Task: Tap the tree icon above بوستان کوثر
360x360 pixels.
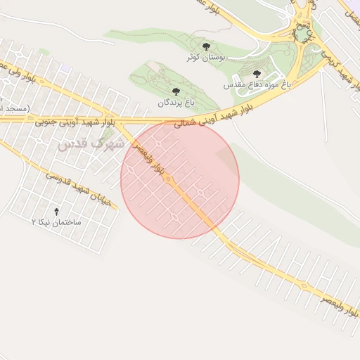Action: pyautogui.click(x=205, y=45)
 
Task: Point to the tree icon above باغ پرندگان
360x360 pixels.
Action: pyautogui.click(x=176, y=91)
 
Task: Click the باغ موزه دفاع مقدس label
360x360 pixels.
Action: pyautogui.click(x=257, y=84)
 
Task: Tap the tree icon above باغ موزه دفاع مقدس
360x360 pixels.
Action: pyautogui.click(x=257, y=73)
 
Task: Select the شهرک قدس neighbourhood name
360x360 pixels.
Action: pyautogui.click(x=89, y=143)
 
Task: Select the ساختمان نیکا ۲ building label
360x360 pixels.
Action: pyautogui.click(x=57, y=222)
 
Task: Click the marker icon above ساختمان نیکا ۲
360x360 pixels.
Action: pyautogui.click(x=57, y=211)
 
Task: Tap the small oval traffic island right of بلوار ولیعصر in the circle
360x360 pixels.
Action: pyautogui.click(x=203, y=191)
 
